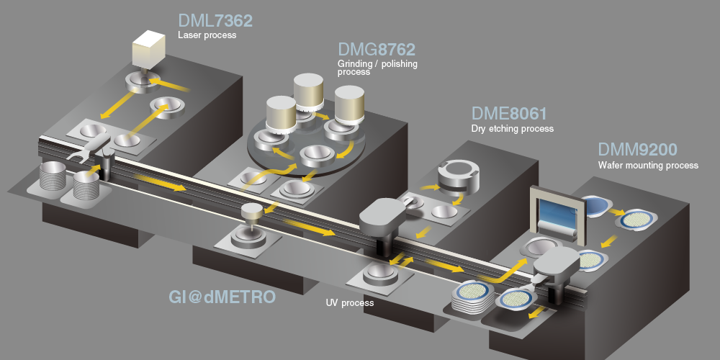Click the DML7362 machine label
(x=215, y=21)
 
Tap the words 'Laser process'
(x=207, y=35)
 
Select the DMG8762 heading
(x=377, y=49)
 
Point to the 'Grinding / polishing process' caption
(x=377, y=68)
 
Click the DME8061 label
(x=509, y=114)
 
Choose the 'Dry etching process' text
(x=513, y=129)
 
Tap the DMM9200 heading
(x=637, y=150)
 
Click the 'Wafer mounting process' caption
(x=648, y=166)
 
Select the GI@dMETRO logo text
(x=222, y=297)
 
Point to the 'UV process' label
(x=350, y=303)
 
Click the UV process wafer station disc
(x=379, y=274)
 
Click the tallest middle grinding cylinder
(x=309, y=94)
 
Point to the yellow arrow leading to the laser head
(x=168, y=85)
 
